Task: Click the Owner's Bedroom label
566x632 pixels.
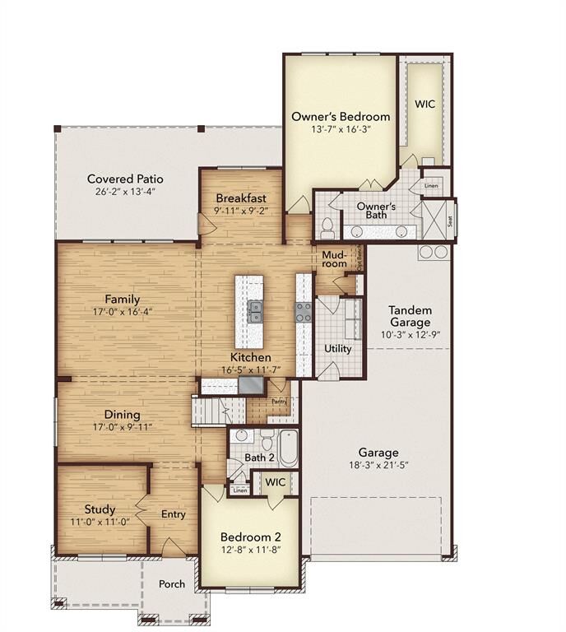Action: [x=341, y=116]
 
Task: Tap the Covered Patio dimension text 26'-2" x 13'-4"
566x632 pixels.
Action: [x=125, y=192]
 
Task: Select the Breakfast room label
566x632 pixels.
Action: [x=240, y=198]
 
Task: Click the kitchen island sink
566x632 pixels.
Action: [x=255, y=310]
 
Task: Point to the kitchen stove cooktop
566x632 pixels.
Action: [x=304, y=312]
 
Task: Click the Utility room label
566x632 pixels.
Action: [x=337, y=348]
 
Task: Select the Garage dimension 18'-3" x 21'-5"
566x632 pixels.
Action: [x=378, y=466]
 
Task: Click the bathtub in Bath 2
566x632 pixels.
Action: [x=288, y=448]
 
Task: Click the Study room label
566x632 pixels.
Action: [x=100, y=509]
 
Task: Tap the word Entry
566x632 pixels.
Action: [x=174, y=514]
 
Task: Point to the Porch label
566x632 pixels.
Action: [x=172, y=584]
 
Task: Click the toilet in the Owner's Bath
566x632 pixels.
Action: [x=327, y=225]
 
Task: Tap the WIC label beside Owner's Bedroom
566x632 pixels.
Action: [x=424, y=105]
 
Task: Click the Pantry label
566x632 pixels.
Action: [x=280, y=401]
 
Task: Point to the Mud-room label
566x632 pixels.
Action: [x=333, y=260]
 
